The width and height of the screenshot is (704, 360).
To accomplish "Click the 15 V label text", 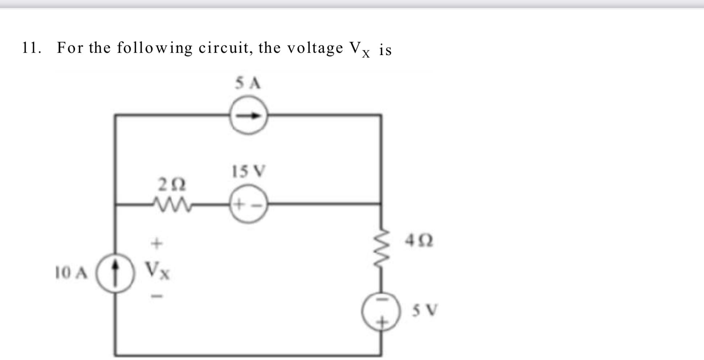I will (249, 171).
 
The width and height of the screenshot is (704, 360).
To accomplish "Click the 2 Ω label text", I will (172, 185).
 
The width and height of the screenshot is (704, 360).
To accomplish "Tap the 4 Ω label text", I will (419, 240).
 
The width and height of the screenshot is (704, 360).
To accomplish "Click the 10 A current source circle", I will (115, 273).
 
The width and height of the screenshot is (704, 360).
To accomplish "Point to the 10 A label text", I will (71, 273).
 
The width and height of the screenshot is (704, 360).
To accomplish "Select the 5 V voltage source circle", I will (381, 311).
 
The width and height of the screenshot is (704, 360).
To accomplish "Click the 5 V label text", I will (425, 310).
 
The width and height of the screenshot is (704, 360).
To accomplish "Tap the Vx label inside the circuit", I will (157, 271).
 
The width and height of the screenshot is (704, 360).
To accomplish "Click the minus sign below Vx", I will (157, 297).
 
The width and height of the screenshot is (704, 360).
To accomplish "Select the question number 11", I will (31, 48).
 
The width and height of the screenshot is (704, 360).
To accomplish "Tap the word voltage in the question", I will (315, 49).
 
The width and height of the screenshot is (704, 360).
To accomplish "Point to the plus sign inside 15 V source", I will (239, 205).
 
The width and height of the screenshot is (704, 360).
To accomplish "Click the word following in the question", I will (155, 48).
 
